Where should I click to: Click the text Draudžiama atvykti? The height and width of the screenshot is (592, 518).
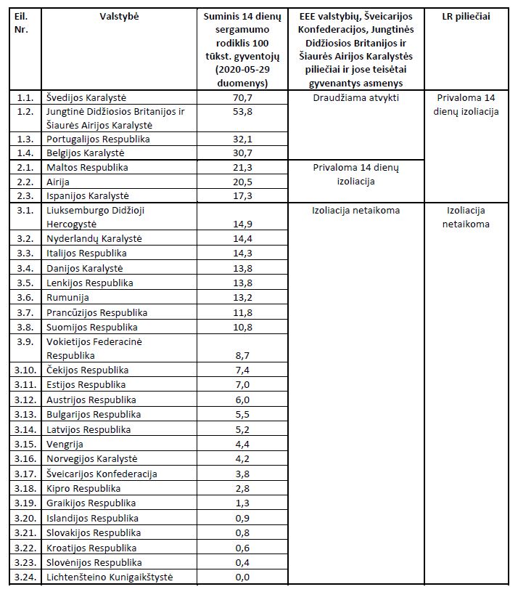(x=355, y=97)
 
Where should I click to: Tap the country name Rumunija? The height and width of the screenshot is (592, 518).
(x=68, y=297)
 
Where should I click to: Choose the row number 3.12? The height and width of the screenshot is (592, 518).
(x=26, y=400)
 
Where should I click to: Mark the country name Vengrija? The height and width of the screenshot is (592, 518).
(x=65, y=445)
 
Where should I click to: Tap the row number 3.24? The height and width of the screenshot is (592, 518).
(x=26, y=577)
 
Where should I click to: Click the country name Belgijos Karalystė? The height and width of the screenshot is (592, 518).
(x=86, y=153)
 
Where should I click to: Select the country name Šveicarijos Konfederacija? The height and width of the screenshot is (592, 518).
(x=102, y=474)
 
